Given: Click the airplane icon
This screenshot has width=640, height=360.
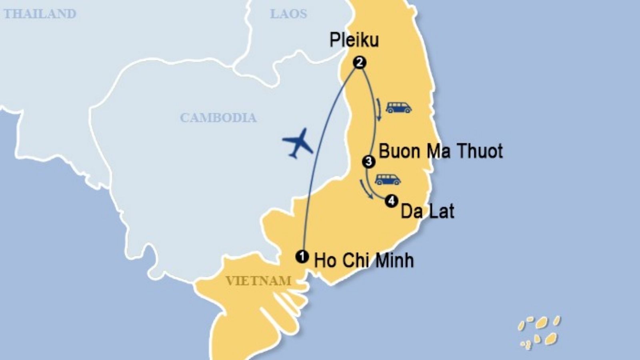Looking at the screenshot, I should coord(298,142).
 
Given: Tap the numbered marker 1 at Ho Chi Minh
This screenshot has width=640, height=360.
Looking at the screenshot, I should coord(302,256).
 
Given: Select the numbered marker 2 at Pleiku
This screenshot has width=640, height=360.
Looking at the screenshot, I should coord(359,62).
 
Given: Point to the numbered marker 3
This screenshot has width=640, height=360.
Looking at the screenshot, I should coord(368,162).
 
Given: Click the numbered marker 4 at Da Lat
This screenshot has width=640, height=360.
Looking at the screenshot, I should coord(391,201).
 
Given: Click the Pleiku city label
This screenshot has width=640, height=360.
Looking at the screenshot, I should coord(354,40).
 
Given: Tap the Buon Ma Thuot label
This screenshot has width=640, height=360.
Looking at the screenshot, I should coord(440,151).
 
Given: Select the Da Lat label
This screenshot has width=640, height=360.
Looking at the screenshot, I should coord(427,211).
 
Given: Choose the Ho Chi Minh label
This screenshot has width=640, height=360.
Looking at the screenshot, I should coord(364,260).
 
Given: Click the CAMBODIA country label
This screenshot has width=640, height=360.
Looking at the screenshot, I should coord(218,118).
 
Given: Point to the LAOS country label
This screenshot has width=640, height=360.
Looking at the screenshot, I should coord(288,14).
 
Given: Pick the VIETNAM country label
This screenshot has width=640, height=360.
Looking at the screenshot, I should coord(258,280).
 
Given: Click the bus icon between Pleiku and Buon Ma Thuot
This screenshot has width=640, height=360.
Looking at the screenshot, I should coord(398,107).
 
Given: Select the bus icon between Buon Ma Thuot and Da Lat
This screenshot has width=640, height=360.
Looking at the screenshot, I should coord(388,179).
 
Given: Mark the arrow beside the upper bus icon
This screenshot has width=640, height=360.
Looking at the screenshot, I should coord(377,109).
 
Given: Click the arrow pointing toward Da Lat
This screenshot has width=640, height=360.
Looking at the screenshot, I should coord(366,189).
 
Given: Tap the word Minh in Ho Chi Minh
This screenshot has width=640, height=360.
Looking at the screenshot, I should coord(394,260).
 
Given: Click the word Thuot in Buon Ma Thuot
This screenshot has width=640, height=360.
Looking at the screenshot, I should coord(480,151).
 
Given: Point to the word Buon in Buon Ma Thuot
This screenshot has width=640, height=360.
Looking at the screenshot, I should coord(394,151).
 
